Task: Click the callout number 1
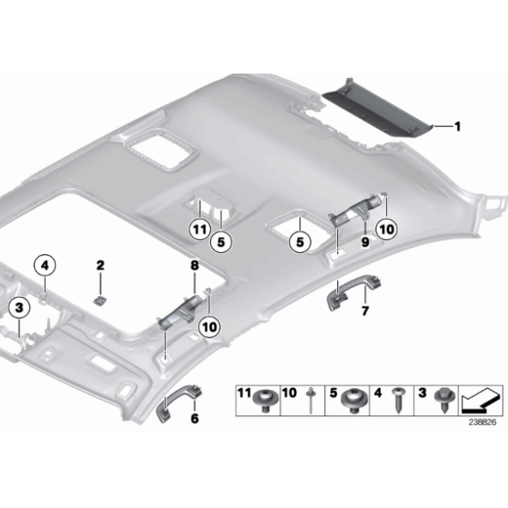pos(456,126)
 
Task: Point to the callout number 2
pos(101,265)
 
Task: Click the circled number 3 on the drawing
pos(18,307)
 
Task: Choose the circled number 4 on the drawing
pos(44,263)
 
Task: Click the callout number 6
pos(194,419)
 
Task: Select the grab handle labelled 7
pos(340,296)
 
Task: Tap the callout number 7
pos(365,312)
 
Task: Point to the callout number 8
pos(194,264)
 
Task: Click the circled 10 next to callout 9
pos(386,229)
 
